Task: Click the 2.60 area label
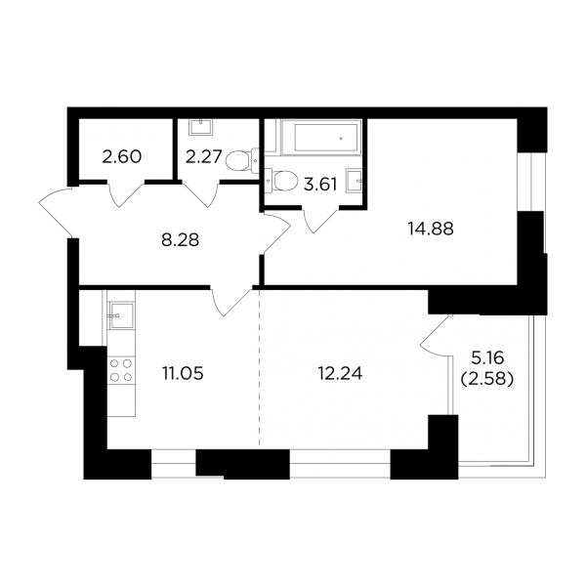click(x=122, y=156)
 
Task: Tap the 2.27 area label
click(x=204, y=156)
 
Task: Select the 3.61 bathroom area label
click(x=320, y=185)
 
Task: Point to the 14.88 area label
click(x=431, y=229)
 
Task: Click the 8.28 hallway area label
click(x=180, y=240)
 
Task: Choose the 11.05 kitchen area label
click(x=183, y=373)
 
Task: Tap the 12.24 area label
click(x=340, y=373)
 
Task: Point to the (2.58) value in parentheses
click(x=487, y=379)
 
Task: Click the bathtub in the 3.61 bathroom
click(x=321, y=137)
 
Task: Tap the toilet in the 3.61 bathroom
click(x=281, y=180)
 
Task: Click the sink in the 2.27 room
click(x=201, y=127)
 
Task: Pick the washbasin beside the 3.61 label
click(x=354, y=181)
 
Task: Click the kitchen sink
click(x=121, y=315)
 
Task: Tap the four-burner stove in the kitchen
click(x=121, y=370)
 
